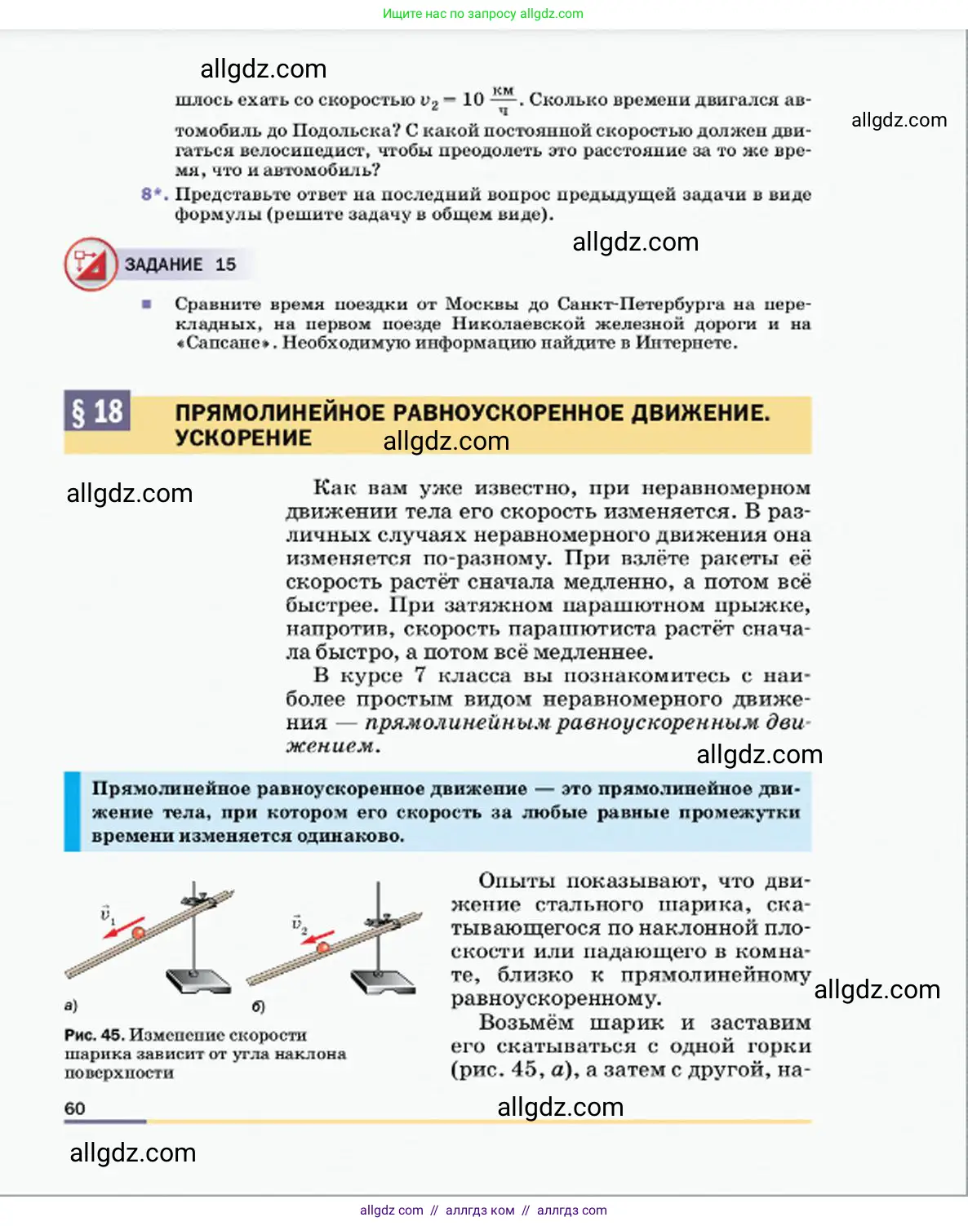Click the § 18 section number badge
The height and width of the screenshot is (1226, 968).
pos(97,411)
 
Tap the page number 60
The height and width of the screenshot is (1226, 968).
pos(74,1108)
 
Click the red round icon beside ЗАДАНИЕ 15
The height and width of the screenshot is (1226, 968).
pos(90,264)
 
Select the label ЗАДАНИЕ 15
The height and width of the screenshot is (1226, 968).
pos(180,264)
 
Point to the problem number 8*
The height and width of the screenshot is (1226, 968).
pos(153,194)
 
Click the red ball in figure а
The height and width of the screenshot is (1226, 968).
pos(138,931)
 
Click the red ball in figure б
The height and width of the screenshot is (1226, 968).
pos(323,947)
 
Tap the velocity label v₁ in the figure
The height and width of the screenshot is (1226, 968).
pos(107,913)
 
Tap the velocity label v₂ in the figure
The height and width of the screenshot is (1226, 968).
pos(299,924)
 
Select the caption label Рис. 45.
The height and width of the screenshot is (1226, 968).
pos(94,1035)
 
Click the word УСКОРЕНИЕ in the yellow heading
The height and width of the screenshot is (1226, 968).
pos(243,438)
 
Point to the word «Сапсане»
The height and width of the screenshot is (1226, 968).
pos(224,343)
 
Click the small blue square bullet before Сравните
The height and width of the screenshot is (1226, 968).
pos(146,304)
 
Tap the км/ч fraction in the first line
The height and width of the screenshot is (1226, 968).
pos(503,100)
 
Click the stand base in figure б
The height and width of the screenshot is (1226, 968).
pos(383,980)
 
